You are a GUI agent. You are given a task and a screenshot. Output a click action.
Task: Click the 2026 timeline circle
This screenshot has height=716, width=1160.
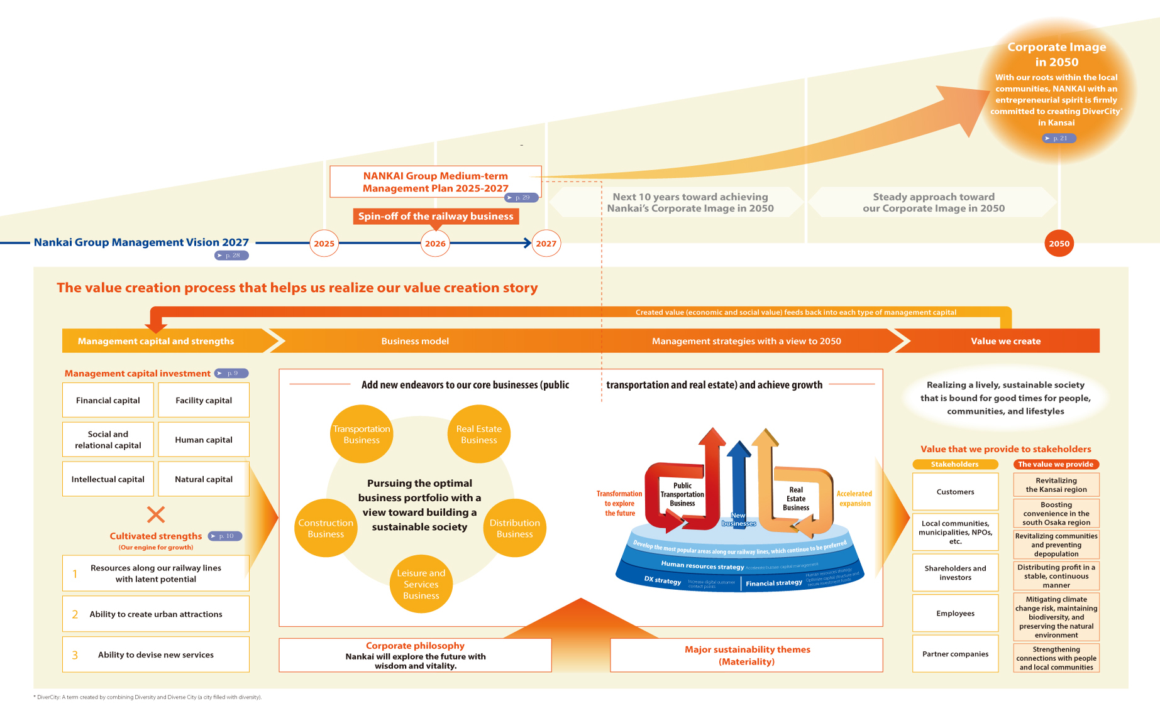(x=435, y=244)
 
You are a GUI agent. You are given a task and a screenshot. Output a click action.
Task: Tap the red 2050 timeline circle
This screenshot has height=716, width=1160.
(x=1059, y=244)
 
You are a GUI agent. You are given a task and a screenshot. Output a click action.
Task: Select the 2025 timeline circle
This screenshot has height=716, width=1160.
(x=324, y=244)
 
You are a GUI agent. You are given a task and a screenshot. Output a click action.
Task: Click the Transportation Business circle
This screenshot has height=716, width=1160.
(x=362, y=434)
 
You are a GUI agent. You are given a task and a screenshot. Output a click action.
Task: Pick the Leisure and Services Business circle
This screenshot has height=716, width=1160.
(x=421, y=584)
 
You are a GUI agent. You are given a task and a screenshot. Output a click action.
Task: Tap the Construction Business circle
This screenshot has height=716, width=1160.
(x=326, y=528)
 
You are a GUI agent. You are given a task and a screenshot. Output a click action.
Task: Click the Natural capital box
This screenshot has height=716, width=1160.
(x=204, y=479)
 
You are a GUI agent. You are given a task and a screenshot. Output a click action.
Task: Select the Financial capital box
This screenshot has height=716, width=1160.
(x=108, y=400)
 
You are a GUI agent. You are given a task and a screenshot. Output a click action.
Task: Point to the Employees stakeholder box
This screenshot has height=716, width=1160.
(x=955, y=614)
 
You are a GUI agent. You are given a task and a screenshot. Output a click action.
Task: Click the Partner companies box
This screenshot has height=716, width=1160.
(x=955, y=654)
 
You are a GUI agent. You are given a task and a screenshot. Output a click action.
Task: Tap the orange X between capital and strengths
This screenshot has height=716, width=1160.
(x=156, y=514)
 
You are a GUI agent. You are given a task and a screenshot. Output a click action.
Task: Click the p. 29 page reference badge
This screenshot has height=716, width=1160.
(x=522, y=197)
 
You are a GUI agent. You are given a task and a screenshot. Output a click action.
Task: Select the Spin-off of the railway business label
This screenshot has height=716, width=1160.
(x=436, y=216)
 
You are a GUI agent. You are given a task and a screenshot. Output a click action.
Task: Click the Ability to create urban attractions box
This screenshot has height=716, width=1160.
(x=156, y=614)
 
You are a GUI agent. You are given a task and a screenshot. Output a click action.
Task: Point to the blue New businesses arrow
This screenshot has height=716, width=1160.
(x=739, y=484)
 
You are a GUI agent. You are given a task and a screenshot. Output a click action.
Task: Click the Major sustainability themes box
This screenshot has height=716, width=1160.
(x=747, y=655)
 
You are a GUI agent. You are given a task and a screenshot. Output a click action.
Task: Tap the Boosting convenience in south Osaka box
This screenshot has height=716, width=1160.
(x=1056, y=513)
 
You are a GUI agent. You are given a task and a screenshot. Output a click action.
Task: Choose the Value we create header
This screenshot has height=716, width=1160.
(x=1005, y=341)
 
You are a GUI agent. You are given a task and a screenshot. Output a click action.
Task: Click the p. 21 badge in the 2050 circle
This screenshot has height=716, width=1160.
(x=1059, y=138)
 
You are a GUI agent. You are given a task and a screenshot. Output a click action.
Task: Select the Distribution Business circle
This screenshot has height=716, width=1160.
(x=514, y=528)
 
